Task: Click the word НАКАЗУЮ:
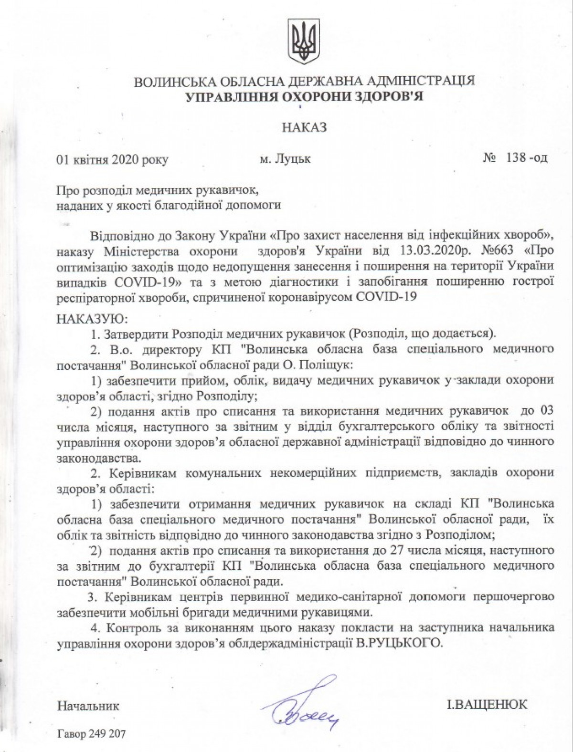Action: (x=85, y=317)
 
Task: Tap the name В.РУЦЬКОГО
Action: (x=397, y=642)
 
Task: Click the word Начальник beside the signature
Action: (x=88, y=705)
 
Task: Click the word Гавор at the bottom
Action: (x=71, y=733)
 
